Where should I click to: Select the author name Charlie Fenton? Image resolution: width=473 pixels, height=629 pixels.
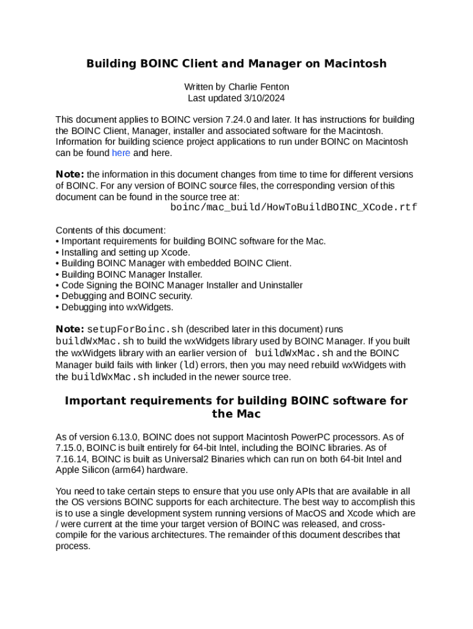[x=259, y=87]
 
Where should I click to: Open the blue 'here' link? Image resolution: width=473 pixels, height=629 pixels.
[x=121, y=153]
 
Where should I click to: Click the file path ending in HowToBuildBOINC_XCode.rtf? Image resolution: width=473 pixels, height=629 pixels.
[x=294, y=208]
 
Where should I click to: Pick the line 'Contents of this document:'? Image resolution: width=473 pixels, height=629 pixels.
[x=111, y=230]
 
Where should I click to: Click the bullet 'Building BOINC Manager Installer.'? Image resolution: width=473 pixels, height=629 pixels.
[x=131, y=274]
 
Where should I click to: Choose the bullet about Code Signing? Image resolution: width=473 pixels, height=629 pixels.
[x=182, y=285]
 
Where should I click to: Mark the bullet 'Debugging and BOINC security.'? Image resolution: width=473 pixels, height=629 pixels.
[x=127, y=296]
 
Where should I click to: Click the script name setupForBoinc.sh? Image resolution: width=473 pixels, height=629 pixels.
[x=135, y=329]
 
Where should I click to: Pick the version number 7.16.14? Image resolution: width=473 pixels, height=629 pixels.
[x=72, y=459]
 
